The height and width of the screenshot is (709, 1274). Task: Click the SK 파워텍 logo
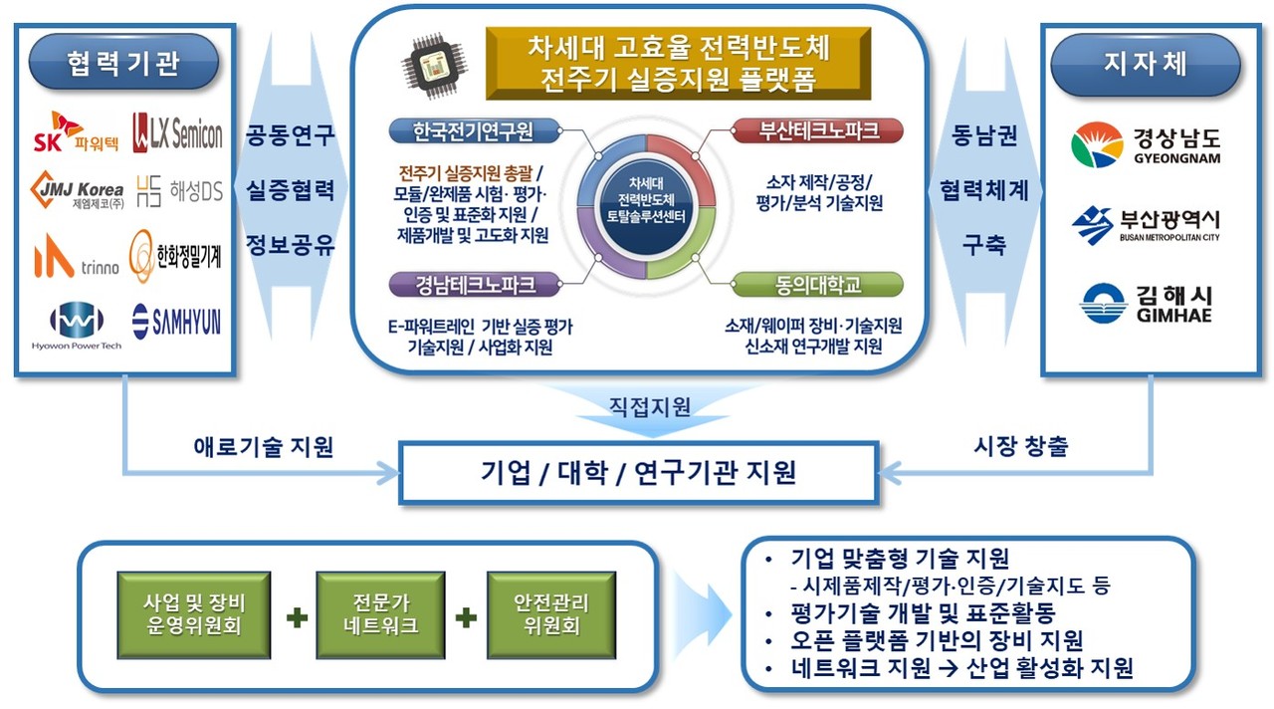tap(77, 132)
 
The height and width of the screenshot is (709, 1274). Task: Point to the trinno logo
tap(77, 256)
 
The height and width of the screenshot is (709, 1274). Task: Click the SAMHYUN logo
tap(177, 320)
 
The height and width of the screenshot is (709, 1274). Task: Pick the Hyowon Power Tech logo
tap(77, 325)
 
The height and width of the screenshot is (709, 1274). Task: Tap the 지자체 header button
tap(1146, 63)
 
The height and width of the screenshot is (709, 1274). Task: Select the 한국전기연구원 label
tap(474, 130)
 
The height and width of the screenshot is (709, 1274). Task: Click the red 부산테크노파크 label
tap(818, 130)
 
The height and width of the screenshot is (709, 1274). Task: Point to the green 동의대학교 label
tap(818, 285)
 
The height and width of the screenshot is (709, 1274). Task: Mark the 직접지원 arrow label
tap(649, 406)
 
